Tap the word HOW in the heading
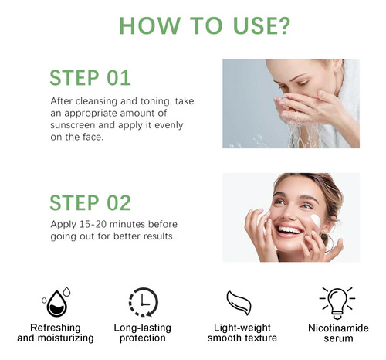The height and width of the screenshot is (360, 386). tap(150, 25)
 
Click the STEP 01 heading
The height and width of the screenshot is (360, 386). tap(90, 78)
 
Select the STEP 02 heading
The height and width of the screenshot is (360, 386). tap(90, 203)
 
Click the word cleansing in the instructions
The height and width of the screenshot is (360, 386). tap(96, 101)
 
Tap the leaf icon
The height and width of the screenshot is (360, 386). tap(239, 303)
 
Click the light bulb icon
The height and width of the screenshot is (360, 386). tap(337, 304)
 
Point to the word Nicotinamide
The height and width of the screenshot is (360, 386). tap(338, 328)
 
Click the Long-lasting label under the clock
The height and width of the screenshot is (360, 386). tap(143, 328)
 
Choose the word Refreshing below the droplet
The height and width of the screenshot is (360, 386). tap(56, 328)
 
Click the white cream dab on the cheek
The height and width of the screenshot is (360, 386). tap(316, 220)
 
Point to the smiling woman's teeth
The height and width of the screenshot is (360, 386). tap(289, 229)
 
